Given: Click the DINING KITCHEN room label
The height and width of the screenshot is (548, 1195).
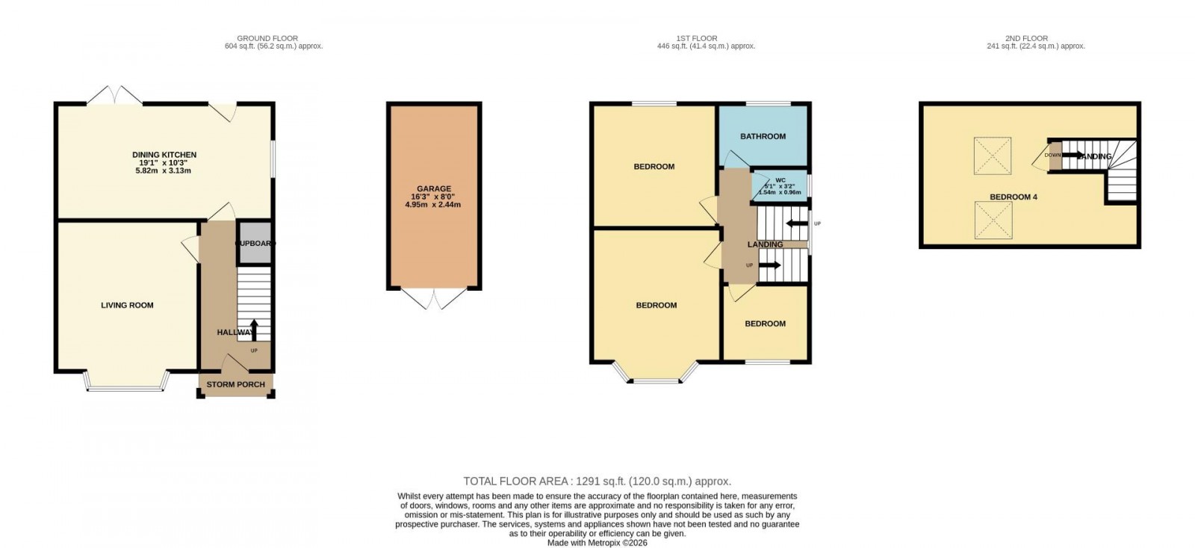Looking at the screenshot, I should point(164,155).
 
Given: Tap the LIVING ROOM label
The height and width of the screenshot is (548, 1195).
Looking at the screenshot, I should point(127,305).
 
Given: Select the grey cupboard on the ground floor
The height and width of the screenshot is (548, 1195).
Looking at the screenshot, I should point(255,243).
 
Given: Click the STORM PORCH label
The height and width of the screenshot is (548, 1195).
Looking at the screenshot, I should point(235,384).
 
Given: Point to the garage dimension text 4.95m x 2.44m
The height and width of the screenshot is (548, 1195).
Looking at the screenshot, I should point(432,205).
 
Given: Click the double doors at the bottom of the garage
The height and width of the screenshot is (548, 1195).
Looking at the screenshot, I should point(433,299).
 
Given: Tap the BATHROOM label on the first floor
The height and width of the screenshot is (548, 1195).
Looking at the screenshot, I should point(763,136).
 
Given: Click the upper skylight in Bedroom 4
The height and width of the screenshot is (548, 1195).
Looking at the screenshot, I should point(993,156).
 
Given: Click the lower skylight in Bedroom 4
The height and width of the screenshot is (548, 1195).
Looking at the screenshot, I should point(993,221).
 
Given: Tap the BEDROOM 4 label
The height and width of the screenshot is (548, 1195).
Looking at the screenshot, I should point(1013,197).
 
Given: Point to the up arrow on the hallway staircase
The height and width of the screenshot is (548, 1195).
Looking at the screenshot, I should point(253,328).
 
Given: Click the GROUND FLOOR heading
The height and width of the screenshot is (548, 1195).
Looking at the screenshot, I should point(267,38).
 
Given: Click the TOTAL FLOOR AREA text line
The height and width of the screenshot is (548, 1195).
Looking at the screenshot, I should point(597,481).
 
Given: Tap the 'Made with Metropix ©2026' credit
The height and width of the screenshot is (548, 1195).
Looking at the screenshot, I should point(597,543).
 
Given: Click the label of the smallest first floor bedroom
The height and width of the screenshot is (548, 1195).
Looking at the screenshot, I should point(765,324).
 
